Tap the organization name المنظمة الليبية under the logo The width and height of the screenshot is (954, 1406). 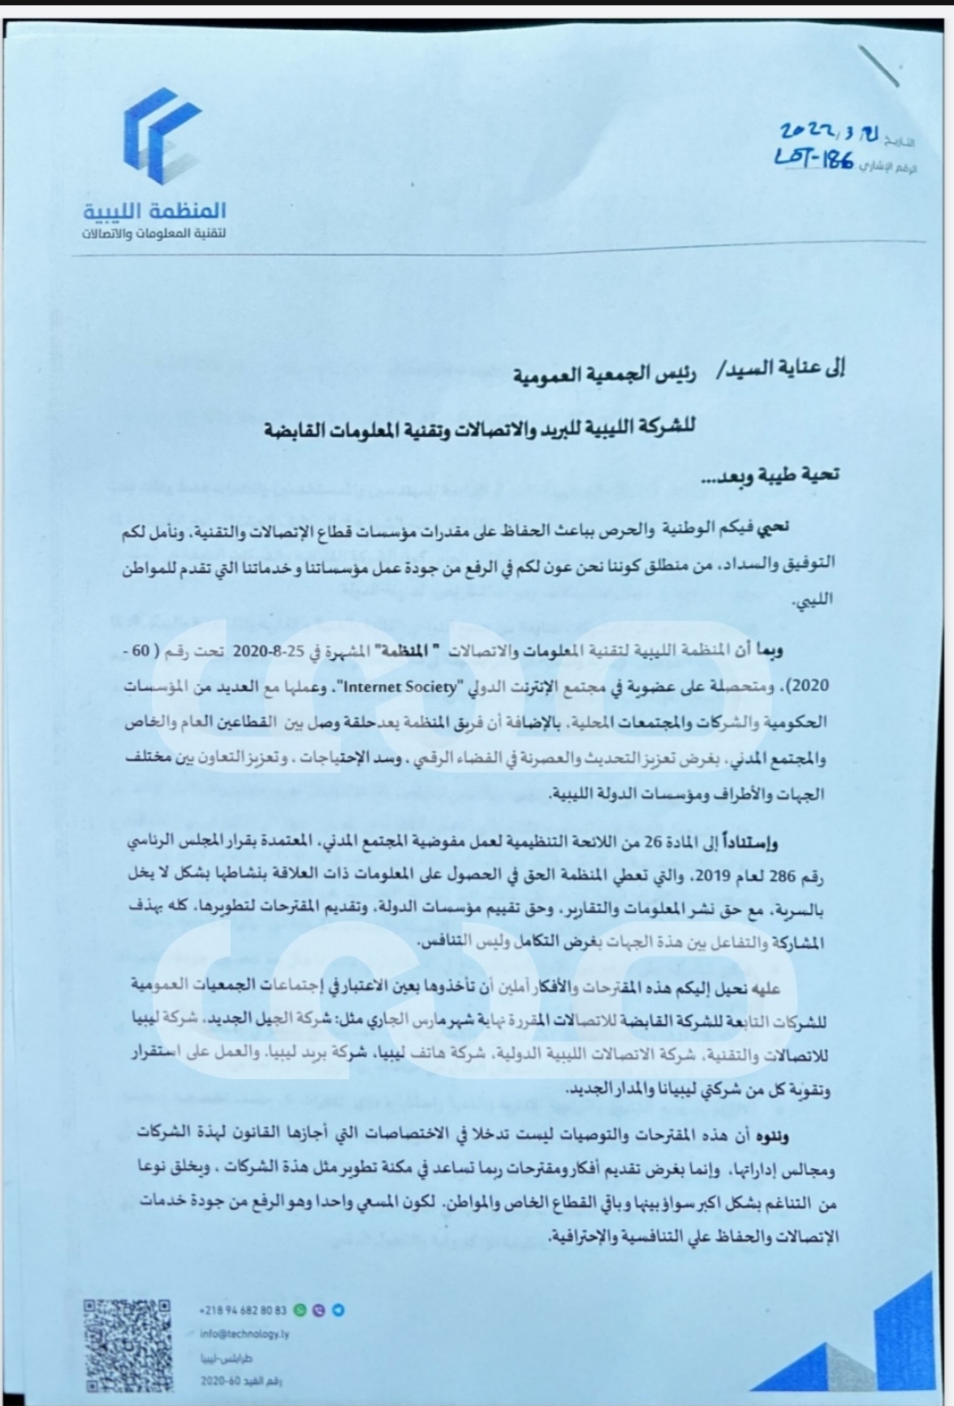pyautogui.click(x=155, y=211)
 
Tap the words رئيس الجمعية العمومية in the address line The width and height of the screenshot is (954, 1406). pyautogui.click(x=604, y=376)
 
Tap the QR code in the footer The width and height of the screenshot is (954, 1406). pyautogui.click(x=127, y=1345)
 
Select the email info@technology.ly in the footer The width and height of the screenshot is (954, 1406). pyautogui.click(x=245, y=1334)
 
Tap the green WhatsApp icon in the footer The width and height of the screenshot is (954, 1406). pyautogui.click(x=300, y=1310)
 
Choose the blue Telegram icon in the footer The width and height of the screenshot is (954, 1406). pyautogui.click(x=338, y=1310)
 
